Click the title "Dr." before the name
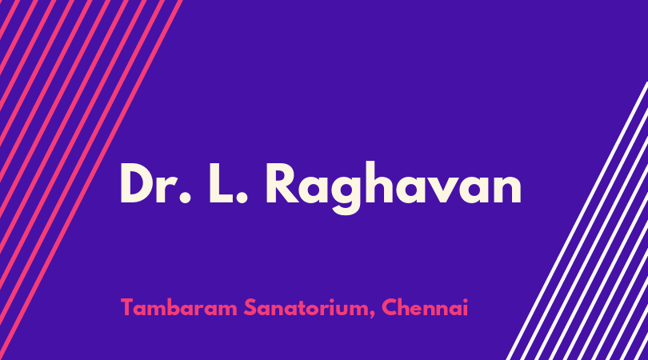(x=155, y=183)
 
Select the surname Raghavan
(x=394, y=187)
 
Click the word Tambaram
(x=179, y=307)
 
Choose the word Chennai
(x=425, y=307)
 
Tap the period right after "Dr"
(x=185, y=198)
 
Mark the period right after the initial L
(x=242, y=198)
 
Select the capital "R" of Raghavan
(x=282, y=183)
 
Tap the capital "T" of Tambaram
(x=128, y=307)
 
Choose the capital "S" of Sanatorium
(x=250, y=307)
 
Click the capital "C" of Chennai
(x=390, y=307)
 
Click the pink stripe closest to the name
(x=91, y=180)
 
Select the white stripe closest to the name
(x=577, y=221)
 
